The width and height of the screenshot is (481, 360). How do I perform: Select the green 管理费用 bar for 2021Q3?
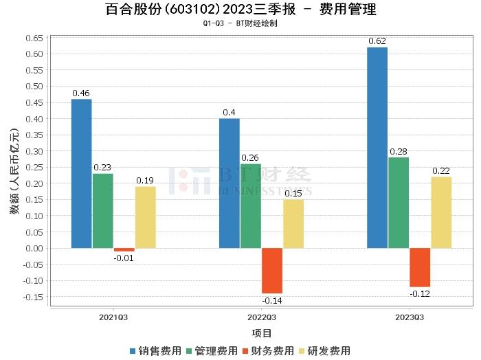click(x=103, y=211)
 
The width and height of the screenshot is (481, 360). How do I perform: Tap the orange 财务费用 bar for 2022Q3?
click(x=272, y=271)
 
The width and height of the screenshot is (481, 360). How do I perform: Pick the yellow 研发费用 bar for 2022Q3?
click(x=293, y=224)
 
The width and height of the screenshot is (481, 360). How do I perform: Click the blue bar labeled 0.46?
click(x=81, y=174)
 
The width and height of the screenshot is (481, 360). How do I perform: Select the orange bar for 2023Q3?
click(x=420, y=267)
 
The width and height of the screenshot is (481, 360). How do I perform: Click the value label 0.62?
click(x=377, y=41)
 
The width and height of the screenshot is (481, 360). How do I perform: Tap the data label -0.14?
click(x=272, y=300)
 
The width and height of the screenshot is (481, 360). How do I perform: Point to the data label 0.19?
click(x=145, y=180)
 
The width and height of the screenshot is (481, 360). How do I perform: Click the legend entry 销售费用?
click(x=156, y=350)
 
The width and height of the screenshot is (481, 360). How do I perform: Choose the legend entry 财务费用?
click(x=268, y=350)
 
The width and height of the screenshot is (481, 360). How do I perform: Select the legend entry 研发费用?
click(x=324, y=350)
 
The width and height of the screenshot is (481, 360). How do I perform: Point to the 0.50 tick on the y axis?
click(x=34, y=86)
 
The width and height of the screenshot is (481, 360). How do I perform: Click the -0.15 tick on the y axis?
click(x=33, y=297)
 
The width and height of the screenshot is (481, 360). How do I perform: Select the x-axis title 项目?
click(x=262, y=333)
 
